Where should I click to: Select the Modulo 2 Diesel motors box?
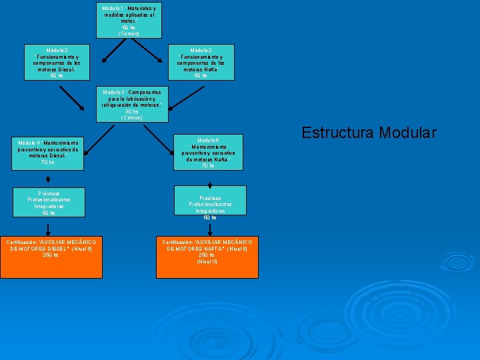[57, 63]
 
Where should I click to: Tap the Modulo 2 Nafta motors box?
[201, 63]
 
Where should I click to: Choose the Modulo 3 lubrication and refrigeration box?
[131, 105]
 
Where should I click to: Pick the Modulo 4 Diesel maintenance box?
[49, 153]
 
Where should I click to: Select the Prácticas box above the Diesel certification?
[49, 203]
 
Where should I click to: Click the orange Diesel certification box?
[52, 257]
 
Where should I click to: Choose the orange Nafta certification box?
[207, 257]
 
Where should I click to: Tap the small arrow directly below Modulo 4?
[49, 179]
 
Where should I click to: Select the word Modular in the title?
[409, 133]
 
